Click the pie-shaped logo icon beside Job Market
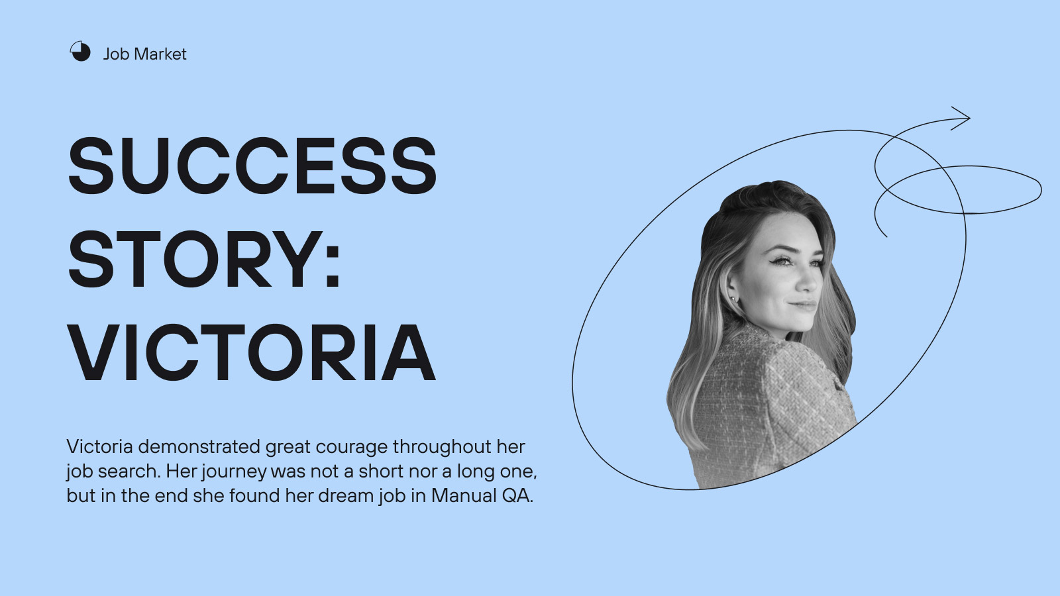click(x=80, y=51)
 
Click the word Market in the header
click(x=160, y=54)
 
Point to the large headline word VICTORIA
click(x=251, y=352)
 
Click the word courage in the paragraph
click(x=352, y=447)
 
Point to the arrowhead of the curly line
click(x=965, y=119)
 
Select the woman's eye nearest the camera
click(x=784, y=261)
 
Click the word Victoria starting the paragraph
click(x=99, y=446)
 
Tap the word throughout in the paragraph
click(x=442, y=447)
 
